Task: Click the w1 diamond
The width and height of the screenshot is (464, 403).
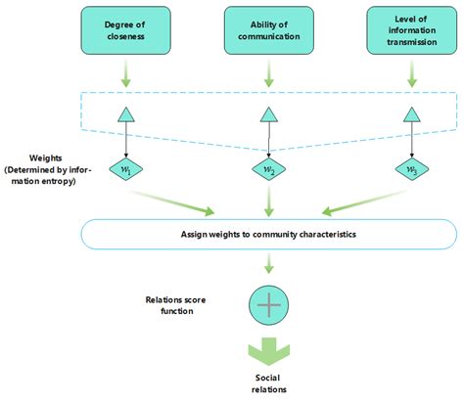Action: tap(126, 169)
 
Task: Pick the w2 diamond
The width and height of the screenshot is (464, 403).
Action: tap(268, 169)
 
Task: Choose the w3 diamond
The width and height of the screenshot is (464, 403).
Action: tap(410, 169)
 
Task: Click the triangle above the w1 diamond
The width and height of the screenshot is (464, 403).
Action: tap(126, 115)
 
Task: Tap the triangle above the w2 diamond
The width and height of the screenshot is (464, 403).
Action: tap(268, 115)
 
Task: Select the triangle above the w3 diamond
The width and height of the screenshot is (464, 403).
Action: tap(410, 115)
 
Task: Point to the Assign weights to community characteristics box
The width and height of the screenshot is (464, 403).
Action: tap(268, 235)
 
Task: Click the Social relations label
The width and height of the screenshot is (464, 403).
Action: tap(268, 383)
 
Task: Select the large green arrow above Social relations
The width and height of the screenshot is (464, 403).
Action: tap(268, 351)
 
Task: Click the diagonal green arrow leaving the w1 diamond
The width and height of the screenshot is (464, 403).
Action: tap(182, 201)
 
